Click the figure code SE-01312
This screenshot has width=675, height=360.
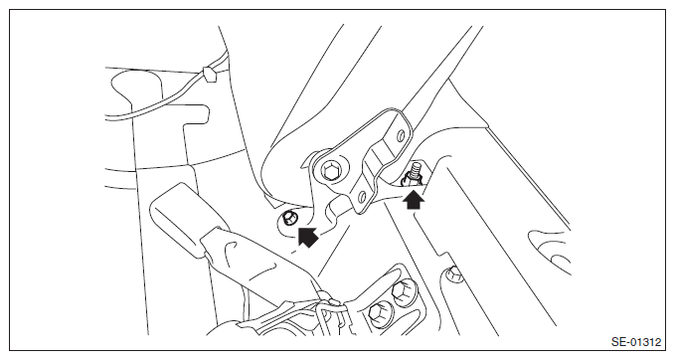pos(636,342)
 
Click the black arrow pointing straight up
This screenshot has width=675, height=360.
pos(414,199)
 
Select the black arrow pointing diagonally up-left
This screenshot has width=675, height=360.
pos(307,238)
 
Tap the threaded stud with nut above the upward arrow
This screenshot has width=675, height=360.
pos(413,173)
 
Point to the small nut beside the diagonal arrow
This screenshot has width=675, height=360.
pos(289,219)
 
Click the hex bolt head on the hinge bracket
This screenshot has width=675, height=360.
pos(331,171)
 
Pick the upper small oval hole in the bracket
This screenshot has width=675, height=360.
pos(402,135)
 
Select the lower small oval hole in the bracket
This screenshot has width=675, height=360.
pos(362,198)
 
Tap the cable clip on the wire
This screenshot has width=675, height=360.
pos(211,74)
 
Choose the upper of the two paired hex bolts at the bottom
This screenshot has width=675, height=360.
pos(404,291)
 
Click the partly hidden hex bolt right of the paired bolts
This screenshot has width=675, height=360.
pos(453,274)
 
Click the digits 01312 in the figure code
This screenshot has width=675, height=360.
pos(646,342)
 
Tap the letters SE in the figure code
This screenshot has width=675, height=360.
pos(617,342)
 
